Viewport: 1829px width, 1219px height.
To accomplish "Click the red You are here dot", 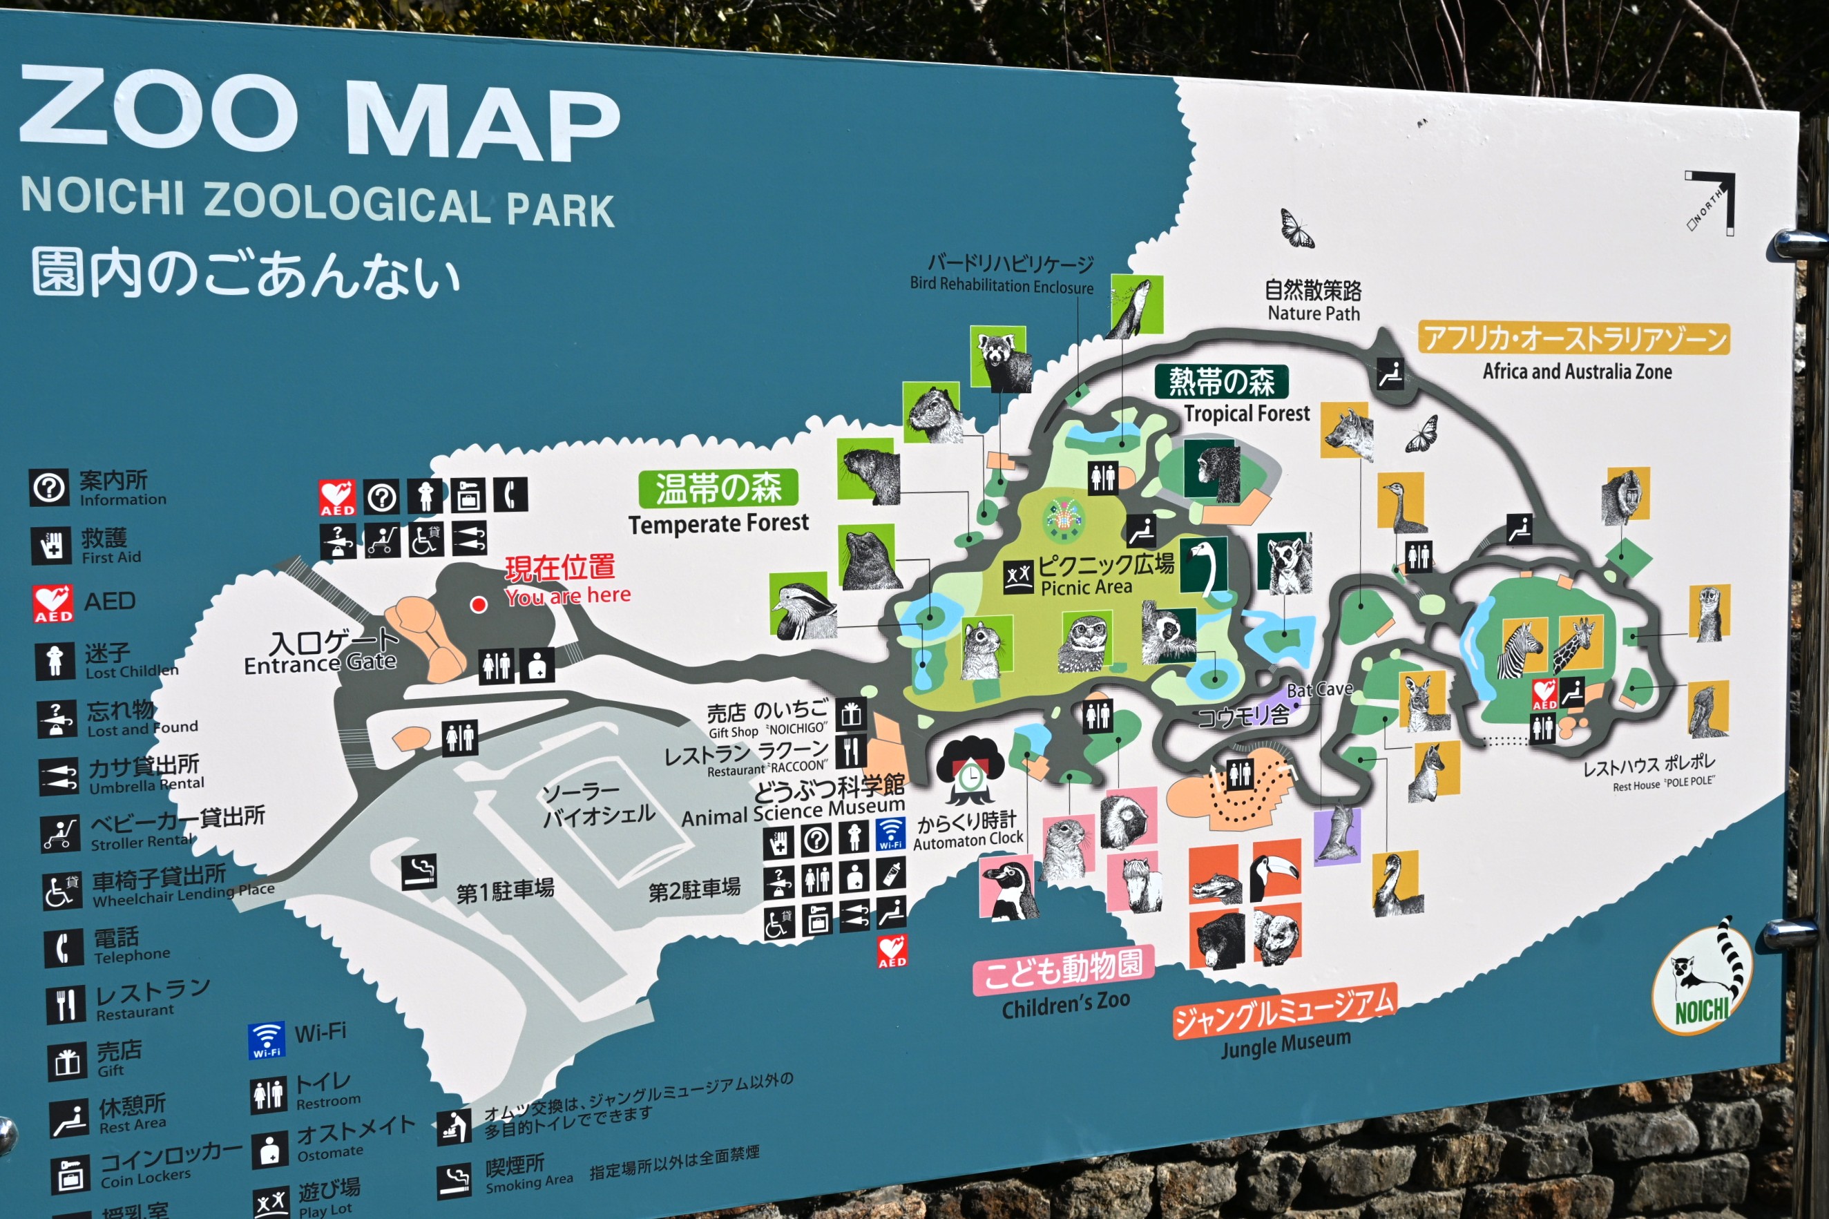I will pos(479,604).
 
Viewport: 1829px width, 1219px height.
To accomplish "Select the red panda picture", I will pos(1001,358).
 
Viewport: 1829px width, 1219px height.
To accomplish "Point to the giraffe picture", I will pos(1577,644).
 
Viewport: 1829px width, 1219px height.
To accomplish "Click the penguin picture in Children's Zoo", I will pos(1007,887).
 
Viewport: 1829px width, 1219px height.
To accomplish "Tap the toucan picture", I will pos(1276,870).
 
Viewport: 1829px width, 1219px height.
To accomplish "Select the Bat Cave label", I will pos(1319,689).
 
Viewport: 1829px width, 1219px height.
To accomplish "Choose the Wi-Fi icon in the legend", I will pos(266,1041).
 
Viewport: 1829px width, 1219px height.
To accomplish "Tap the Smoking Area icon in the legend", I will pos(454,1180).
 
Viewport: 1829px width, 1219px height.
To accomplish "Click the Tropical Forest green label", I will pos(1221,382).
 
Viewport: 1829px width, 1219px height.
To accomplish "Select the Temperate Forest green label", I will pos(718,488).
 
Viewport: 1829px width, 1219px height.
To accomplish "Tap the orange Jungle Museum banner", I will pos(1283,1010).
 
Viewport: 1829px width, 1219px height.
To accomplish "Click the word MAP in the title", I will pos(482,122).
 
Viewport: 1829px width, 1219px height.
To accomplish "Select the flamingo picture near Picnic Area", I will pos(1204,565).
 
